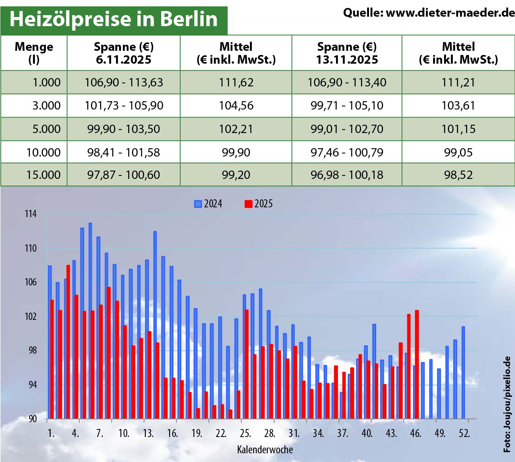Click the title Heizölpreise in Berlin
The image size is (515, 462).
(113, 19)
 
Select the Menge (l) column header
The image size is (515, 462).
(34, 53)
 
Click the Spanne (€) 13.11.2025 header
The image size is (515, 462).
(347, 53)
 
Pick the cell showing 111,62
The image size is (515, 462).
(236, 83)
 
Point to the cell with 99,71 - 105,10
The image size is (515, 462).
(347, 106)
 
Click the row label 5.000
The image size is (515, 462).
(46, 129)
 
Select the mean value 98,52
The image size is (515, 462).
(458, 175)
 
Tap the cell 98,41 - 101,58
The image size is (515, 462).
(124, 153)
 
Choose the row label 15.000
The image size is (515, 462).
(43, 175)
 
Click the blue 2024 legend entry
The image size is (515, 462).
(208, 204)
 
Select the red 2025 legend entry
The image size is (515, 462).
(259, 204)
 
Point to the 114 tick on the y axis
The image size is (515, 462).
(31, 214)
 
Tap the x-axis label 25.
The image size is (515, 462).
(245, 433)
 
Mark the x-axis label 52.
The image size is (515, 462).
(464, 433)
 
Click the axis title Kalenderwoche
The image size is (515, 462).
(265, 450)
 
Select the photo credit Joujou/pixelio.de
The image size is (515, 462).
(507, 404)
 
